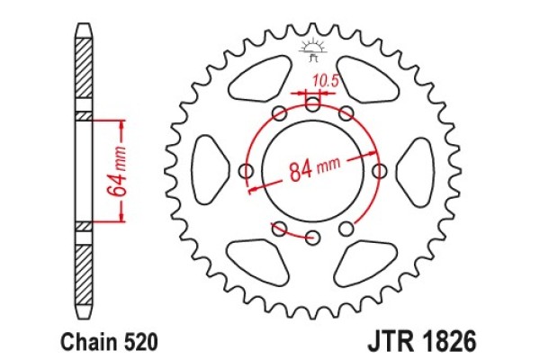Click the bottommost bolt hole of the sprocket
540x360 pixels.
click(312, 238)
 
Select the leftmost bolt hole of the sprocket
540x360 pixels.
click(246, 171)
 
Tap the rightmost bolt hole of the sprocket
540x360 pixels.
click(379, 171)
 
